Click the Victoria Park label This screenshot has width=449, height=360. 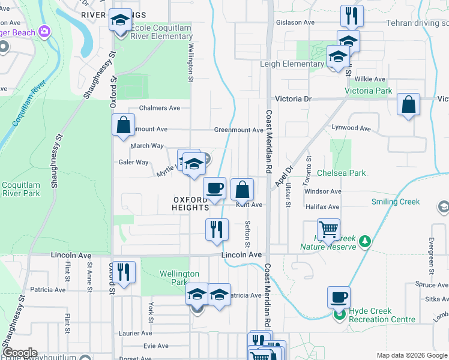(369, 91)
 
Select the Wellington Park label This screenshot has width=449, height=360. (179, 278)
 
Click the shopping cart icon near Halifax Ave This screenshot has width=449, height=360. (328, 229)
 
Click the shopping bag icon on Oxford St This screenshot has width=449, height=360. (123, 125)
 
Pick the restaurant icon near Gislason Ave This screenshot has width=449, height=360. (351, 16)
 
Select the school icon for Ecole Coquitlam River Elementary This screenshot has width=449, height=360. (120, 21)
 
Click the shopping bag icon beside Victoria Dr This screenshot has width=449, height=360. (408, 106)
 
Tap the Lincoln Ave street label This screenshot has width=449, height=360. (241, 255)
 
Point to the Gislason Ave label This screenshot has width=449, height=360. (295, 22)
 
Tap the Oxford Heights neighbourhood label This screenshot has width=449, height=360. (190, 203)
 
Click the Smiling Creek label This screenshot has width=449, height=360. (396, 202)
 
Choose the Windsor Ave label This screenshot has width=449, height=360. (323, 191)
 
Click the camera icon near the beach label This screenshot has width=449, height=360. (43, 31)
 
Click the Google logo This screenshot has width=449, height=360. (20, 353)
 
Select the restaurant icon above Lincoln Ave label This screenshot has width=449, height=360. (217, 229)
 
